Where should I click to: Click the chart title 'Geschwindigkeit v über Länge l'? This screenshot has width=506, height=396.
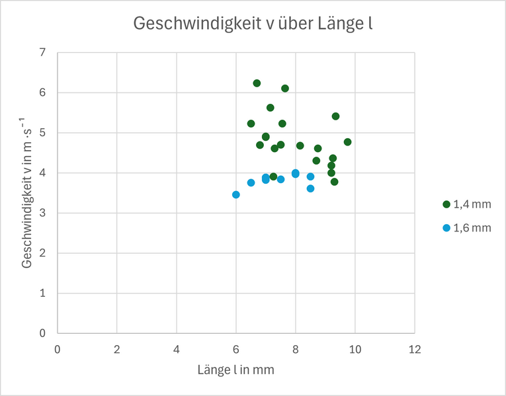[x=253, y=24]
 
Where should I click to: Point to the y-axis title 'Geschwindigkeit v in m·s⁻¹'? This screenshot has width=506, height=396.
[x=28, y=192]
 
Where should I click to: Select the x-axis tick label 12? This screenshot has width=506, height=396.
[x=415, y=348]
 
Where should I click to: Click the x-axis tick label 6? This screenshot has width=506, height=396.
[x=236, y=348]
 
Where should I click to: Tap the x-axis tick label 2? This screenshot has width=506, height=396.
[x=117, y=348]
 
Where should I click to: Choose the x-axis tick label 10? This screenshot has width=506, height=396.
[x=355, y=348]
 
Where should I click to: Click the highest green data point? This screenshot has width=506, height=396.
[x=257, y=83]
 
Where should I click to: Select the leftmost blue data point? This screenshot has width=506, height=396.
[x=236, y=194]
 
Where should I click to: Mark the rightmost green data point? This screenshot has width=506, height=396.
[x=347, y=142]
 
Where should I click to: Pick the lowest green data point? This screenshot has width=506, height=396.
[x=335, y=182]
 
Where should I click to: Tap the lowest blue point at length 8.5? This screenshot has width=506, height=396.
[x=310, y=188]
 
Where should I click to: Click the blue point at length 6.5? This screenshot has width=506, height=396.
[x=251, y=182]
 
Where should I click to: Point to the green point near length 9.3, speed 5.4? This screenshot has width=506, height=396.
[x=335, y=116]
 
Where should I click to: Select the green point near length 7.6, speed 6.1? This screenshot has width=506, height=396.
[x=285, y=89]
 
